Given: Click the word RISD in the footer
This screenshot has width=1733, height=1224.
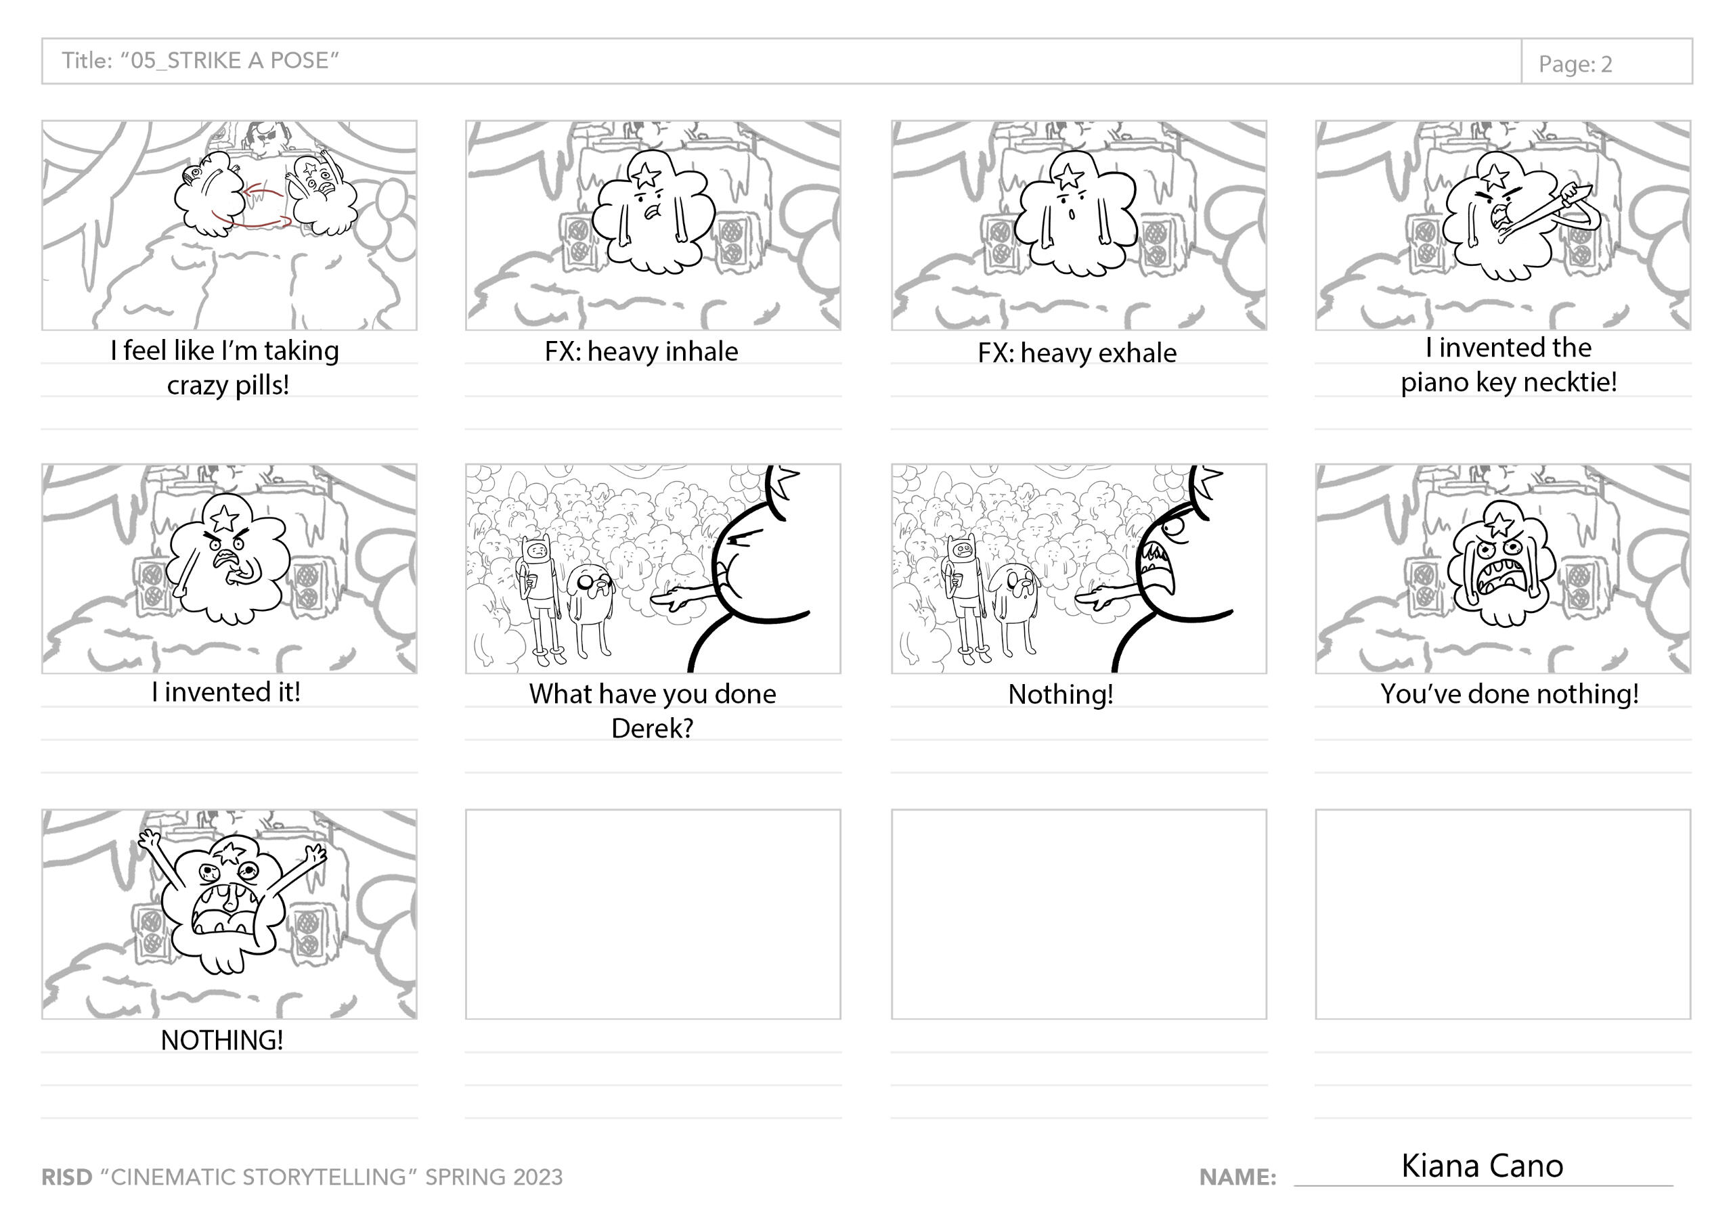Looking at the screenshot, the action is (66, 1177).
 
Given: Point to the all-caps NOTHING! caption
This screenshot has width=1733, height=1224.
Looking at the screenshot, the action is (222, 1040).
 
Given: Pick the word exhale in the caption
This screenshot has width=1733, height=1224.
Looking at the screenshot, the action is (1136, 353).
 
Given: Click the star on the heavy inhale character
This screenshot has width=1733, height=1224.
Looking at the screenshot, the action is (645, 175).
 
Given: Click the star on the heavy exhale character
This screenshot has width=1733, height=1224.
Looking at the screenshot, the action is (1069, 177).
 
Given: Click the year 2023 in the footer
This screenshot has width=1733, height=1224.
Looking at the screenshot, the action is (537, 1177).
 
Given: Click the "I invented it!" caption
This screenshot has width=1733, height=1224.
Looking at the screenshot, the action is (225, 692).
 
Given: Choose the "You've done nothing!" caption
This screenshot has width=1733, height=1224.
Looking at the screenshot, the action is (1510, 694).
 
